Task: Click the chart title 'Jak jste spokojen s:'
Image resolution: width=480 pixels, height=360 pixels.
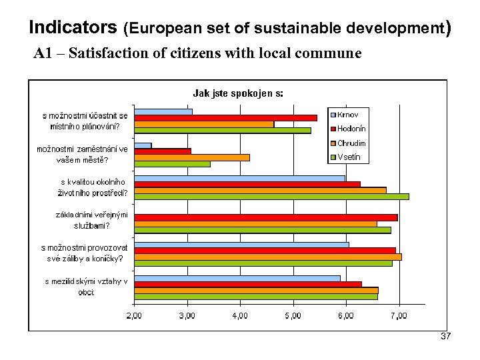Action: pos(238,93)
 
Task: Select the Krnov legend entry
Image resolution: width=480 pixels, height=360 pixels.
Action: pos(347,115)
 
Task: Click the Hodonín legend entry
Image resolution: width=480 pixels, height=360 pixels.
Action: pos(350,129)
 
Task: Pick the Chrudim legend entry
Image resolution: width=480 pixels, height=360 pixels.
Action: pos(350,143)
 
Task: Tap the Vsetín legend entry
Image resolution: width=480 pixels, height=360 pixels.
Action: pos(348,157)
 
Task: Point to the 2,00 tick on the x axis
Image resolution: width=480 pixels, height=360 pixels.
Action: pos(134,314)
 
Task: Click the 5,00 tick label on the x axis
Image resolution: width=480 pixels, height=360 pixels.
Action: pos(293,314)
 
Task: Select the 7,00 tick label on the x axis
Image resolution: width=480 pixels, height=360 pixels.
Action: pos(399,314)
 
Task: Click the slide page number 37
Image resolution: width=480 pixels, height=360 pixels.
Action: pos(445,337)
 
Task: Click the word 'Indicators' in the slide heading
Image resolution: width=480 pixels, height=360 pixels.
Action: pos(73,28)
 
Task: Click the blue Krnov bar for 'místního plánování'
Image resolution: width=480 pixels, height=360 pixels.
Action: pos(163,111)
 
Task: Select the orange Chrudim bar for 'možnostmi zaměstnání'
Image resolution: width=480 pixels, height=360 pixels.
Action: pos(192,157)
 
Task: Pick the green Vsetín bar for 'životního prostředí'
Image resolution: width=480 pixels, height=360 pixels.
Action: pos(271,196)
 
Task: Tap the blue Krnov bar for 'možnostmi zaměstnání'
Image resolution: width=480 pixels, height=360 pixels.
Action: pos(143,145)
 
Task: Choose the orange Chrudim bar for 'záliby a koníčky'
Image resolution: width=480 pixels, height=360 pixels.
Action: pos(267,257)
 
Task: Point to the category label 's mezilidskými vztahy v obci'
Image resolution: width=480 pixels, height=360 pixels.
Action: pos(86,287)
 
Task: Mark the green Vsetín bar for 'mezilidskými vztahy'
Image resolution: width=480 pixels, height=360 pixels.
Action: pos(256,296)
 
